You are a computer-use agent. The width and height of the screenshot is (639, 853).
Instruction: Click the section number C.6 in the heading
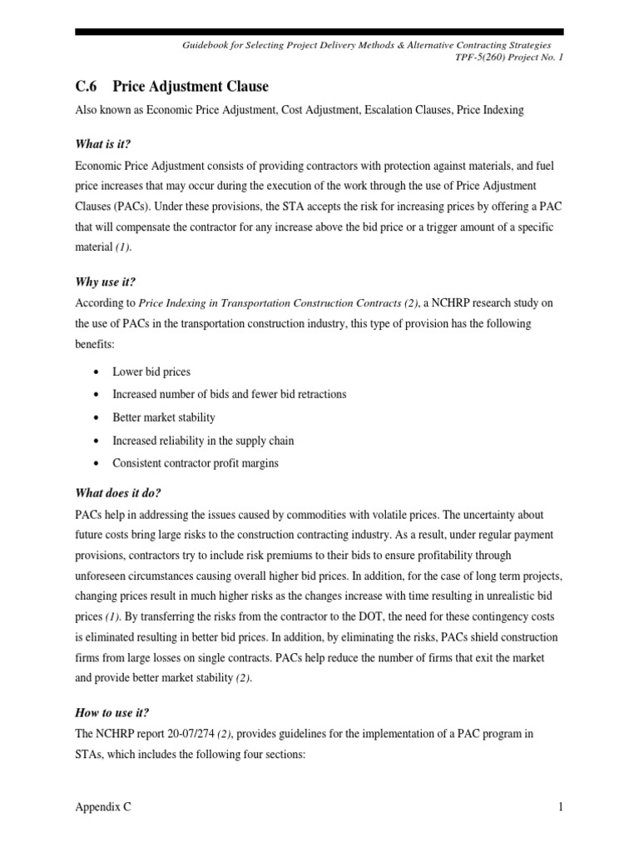point(87,87)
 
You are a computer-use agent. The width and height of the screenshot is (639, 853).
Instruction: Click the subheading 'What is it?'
point(105,144)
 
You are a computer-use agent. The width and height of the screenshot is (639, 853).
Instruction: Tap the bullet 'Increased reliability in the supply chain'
point(203,441)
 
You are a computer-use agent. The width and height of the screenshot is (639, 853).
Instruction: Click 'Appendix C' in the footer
point(102,807)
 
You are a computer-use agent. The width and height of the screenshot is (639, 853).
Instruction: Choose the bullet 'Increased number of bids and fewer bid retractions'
point(229,394)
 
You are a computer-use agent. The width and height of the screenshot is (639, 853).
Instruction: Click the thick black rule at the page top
point(319,32)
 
